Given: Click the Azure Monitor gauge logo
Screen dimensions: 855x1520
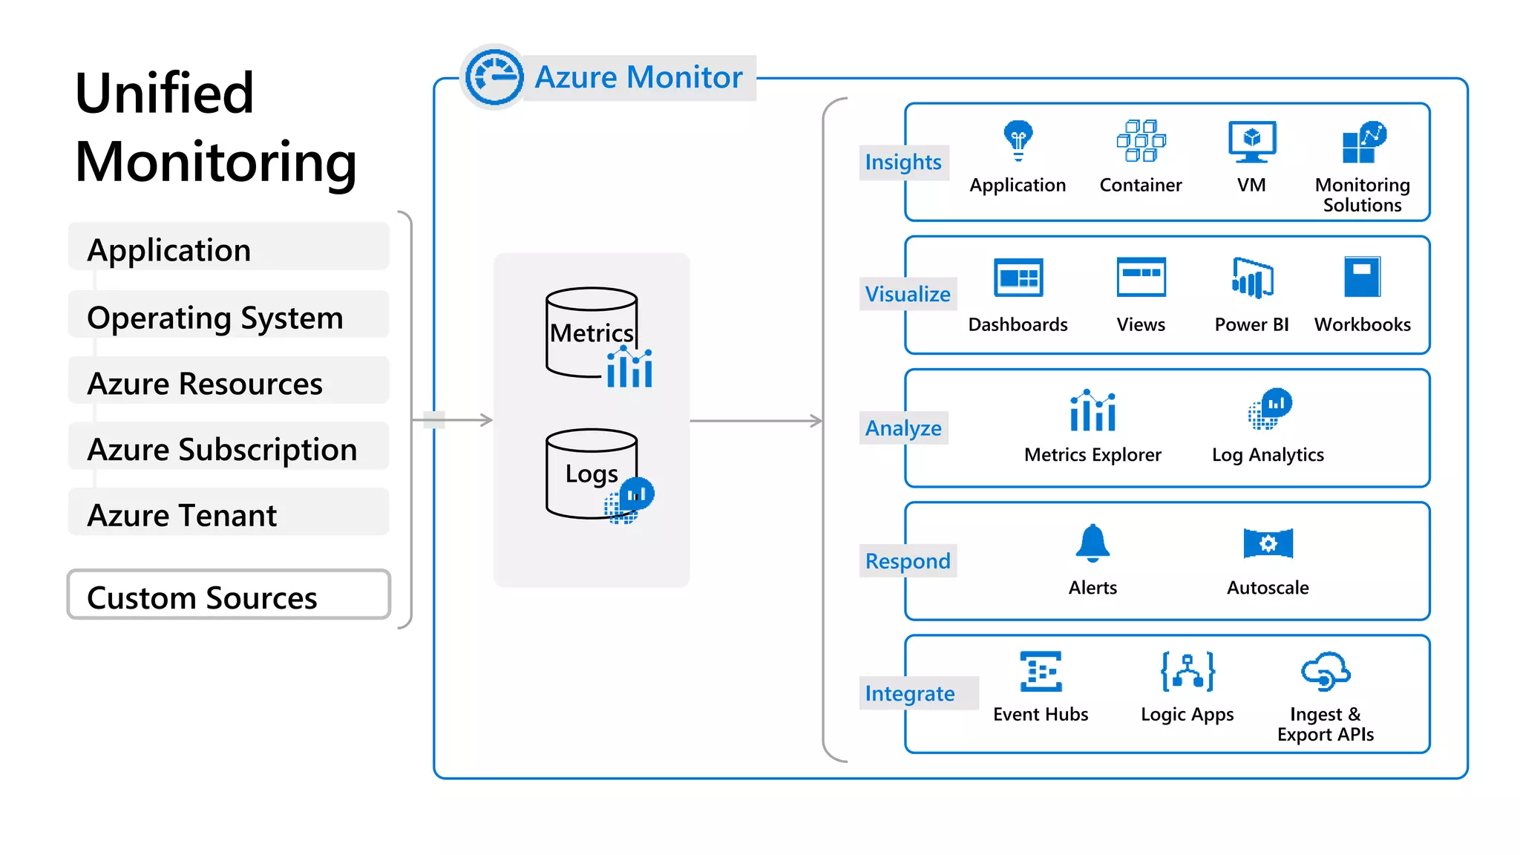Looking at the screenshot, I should tap(494, 76).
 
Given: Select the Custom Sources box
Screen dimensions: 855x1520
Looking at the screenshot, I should tap(229, 594).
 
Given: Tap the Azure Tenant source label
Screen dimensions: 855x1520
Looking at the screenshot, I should tap(182, 515).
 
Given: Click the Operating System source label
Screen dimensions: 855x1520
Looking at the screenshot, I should tap(215, 318).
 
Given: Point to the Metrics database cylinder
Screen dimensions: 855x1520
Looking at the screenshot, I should tap(592, 332).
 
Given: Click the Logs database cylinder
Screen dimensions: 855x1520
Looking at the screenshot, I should tap(592, 473).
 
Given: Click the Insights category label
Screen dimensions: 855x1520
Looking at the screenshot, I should tap(902, 162).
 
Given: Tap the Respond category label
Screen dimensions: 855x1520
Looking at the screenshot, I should tap(907, 561).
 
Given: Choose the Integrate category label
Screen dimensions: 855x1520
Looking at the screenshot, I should tap(909, 693).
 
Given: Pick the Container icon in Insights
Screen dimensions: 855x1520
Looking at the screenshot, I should tap(1141, 140).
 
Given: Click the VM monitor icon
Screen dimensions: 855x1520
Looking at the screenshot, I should tap(1251, 141).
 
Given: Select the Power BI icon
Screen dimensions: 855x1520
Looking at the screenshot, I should tap(1252, 278).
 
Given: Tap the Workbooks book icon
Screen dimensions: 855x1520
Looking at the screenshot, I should tap(1362, 277).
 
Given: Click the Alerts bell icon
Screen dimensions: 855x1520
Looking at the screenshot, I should tap(1092, 543).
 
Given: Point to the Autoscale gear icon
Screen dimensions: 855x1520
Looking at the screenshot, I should tap(1268, 543).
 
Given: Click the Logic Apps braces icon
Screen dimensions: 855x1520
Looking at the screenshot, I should tap(1187, 671).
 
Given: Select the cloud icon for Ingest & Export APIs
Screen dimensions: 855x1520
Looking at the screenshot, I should tap(1326, 671).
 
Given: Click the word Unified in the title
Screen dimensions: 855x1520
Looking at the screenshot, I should tap(165, 94).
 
